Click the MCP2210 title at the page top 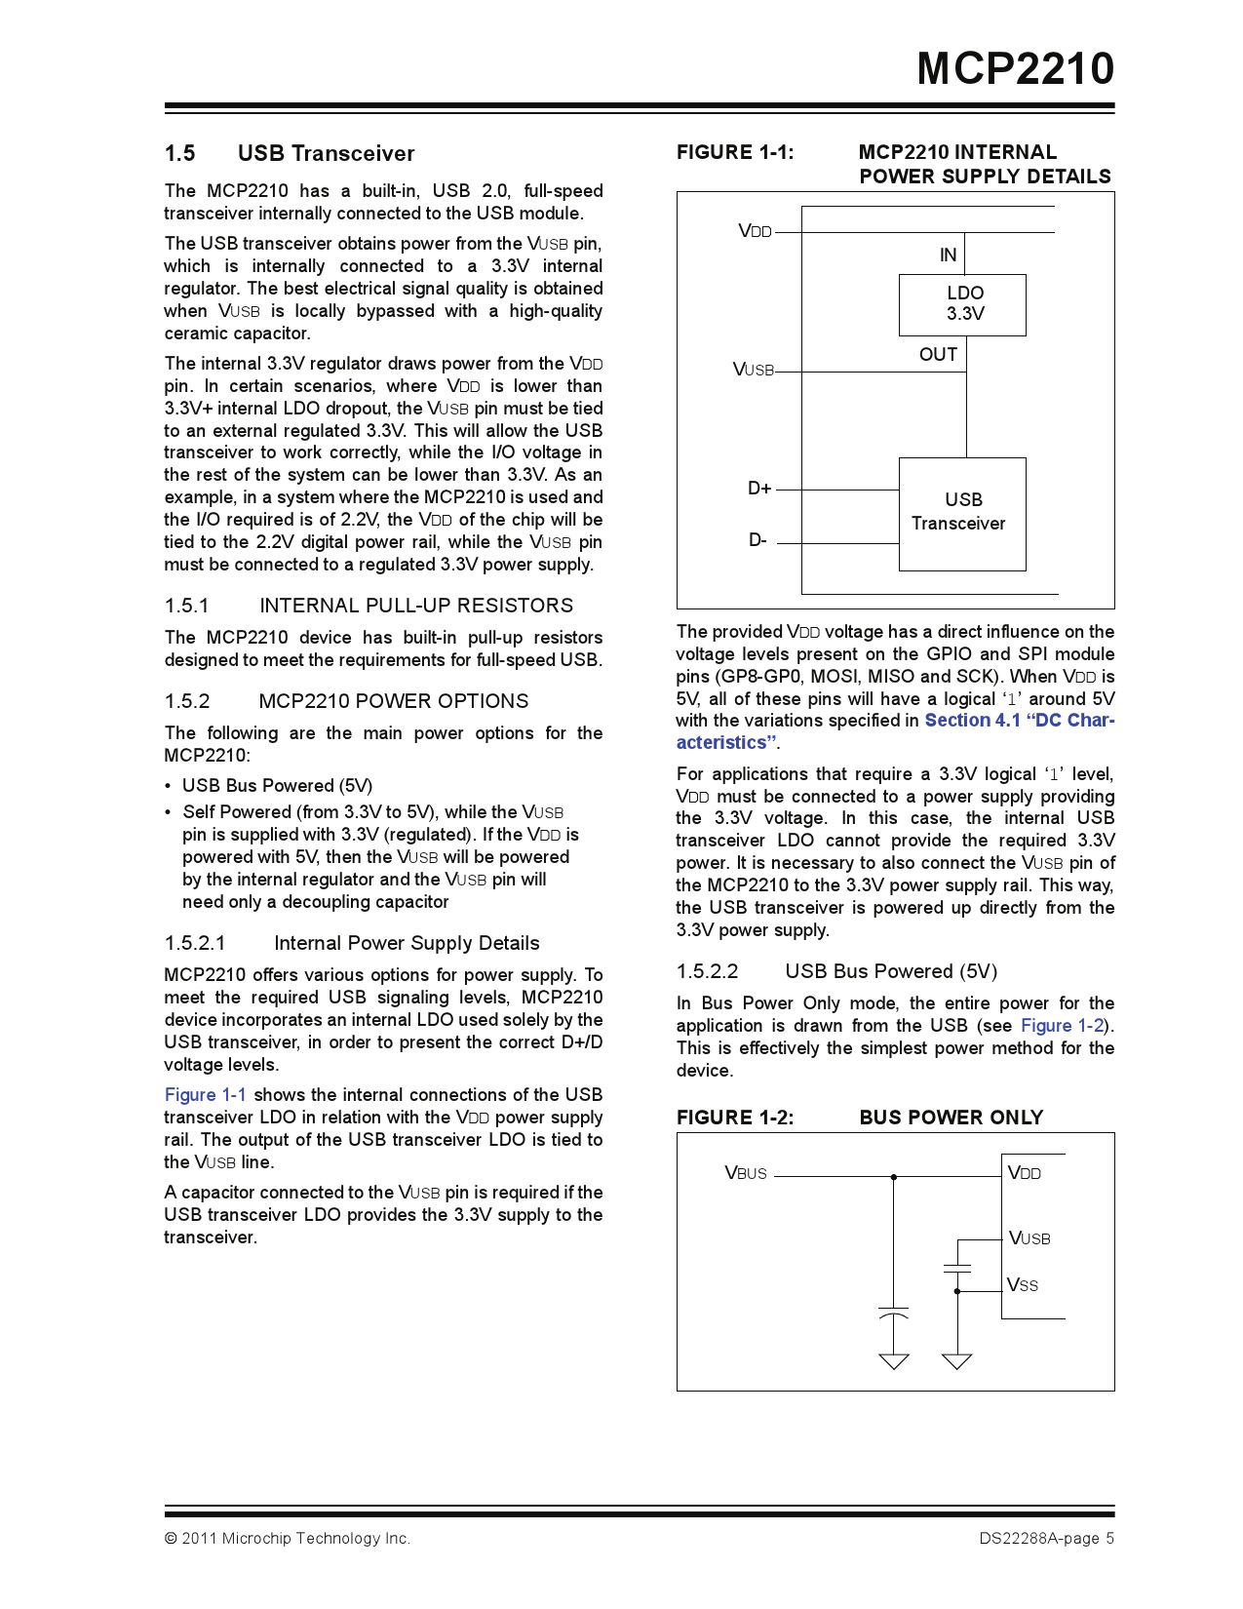point(1015,69)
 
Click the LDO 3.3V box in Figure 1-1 point(962,304)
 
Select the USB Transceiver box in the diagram point(961,513)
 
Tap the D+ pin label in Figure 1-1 point(759,489)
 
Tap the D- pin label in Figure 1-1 point(757,540)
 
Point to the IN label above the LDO point(948,255)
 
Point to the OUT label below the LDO point(938,355)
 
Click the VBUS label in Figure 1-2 point(746,1173)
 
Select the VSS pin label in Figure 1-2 point(1023,1285)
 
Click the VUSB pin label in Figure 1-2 point(1029,1238)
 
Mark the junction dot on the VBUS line point(894,1177)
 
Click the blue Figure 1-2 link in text point(1062,1026)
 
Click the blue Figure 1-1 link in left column point(205,1095)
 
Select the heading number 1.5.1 point(186,606)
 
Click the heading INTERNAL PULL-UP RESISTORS point(416,606)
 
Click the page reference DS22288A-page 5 point(1046,1539)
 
